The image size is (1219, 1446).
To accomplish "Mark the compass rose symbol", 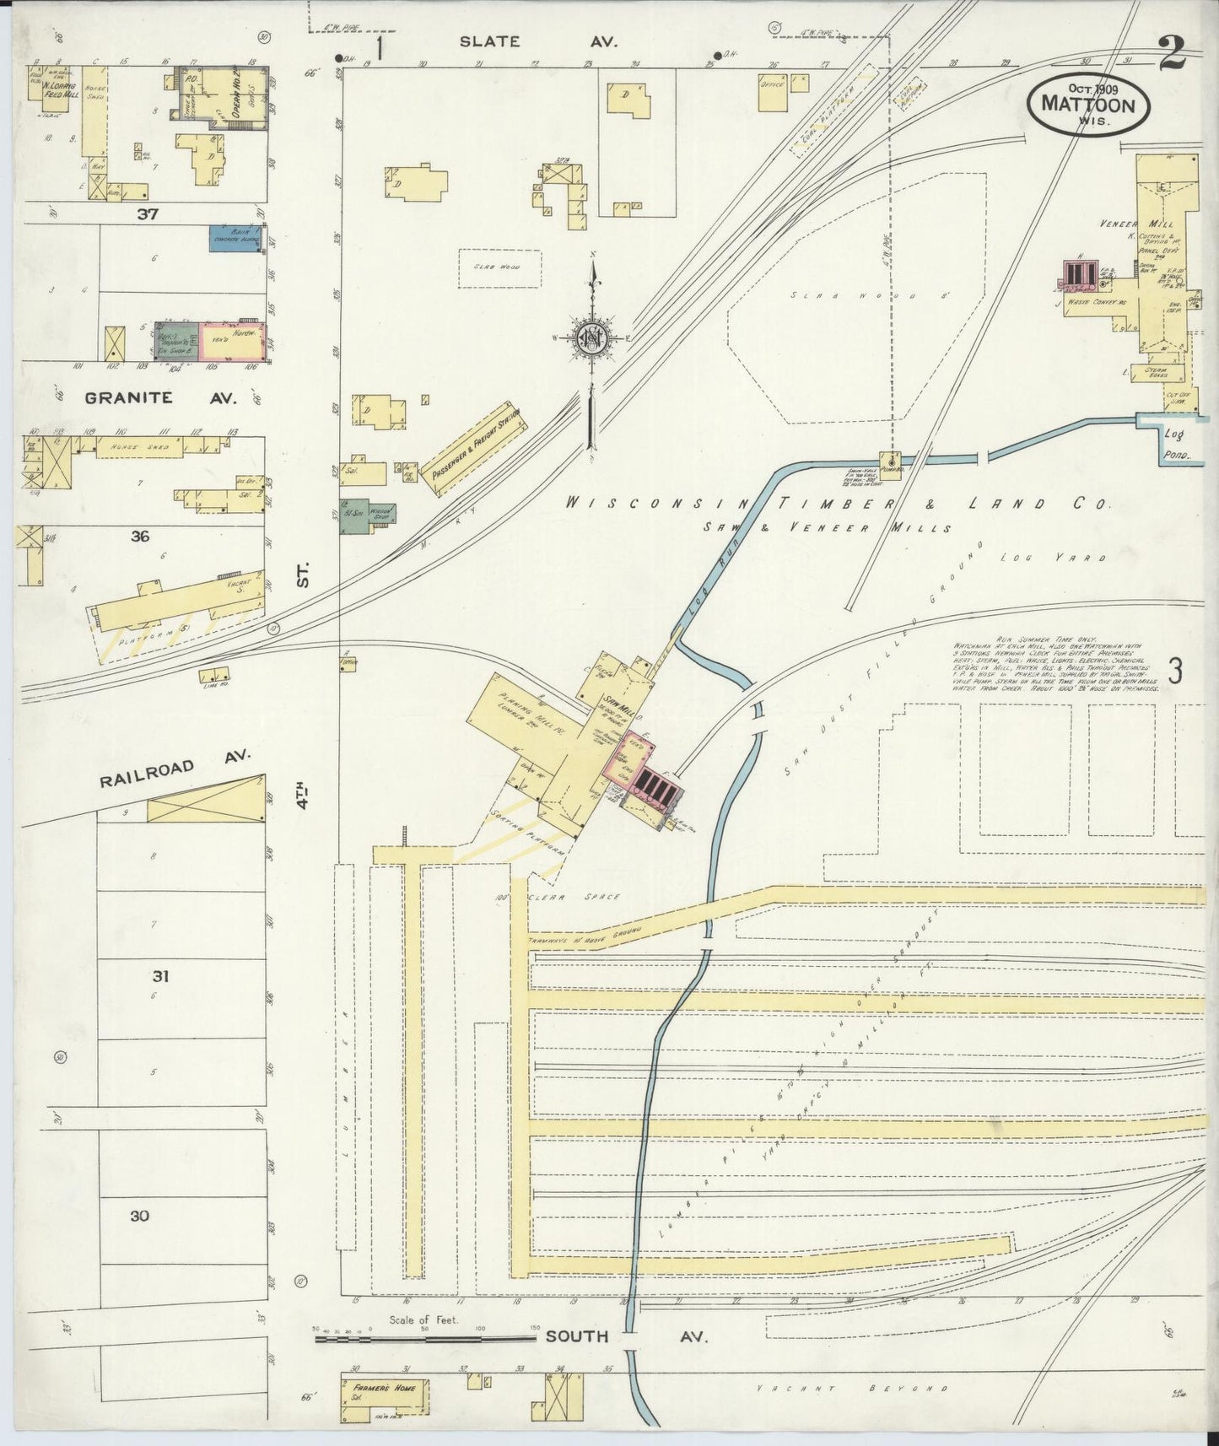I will coord(593,336).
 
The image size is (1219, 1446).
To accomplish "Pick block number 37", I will coord(148,214).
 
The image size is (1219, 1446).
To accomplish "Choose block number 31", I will coord(160,976).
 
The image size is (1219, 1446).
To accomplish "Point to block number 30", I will coord(140,1216).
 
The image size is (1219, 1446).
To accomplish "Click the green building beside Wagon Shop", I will coord(353,516).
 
